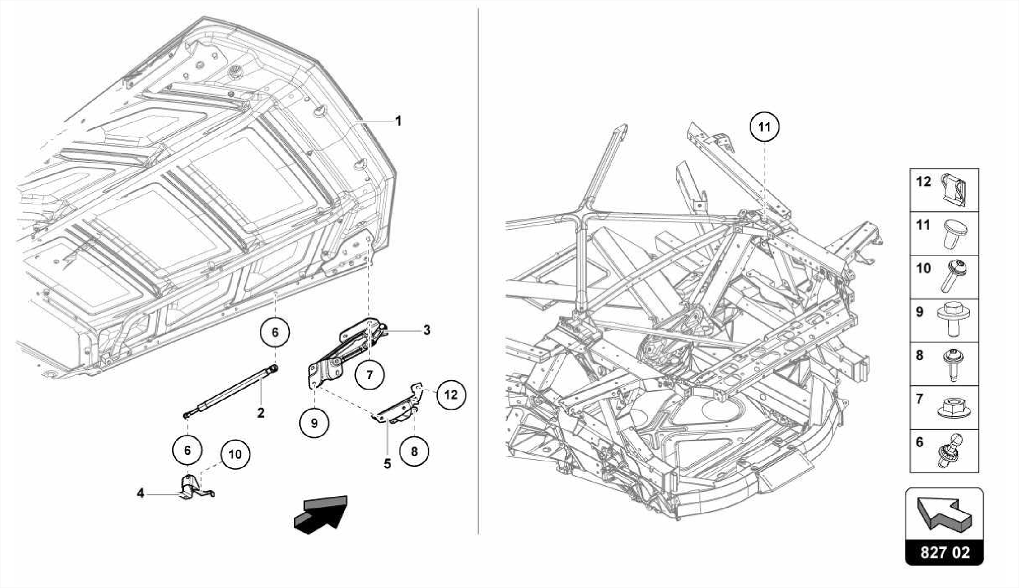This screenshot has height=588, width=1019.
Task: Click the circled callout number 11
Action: click(764, 127)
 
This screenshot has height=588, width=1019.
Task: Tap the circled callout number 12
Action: click(451, 395)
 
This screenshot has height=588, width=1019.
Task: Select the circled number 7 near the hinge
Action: click(370, 374)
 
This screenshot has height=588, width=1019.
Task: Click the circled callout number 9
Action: click(314, 423)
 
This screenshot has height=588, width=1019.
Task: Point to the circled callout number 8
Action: click(414, 451)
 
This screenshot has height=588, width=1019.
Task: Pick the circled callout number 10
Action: click(235, 454)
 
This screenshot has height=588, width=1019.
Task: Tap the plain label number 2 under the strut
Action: click(261, 413)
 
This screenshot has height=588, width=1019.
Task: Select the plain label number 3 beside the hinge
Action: click(426, 330)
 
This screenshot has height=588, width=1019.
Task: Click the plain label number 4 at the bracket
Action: click(141, 493)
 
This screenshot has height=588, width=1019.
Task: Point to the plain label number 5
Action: click(387, 464)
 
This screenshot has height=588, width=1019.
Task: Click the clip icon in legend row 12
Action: click(954, 190)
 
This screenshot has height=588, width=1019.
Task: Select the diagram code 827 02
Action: click(944, 553)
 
